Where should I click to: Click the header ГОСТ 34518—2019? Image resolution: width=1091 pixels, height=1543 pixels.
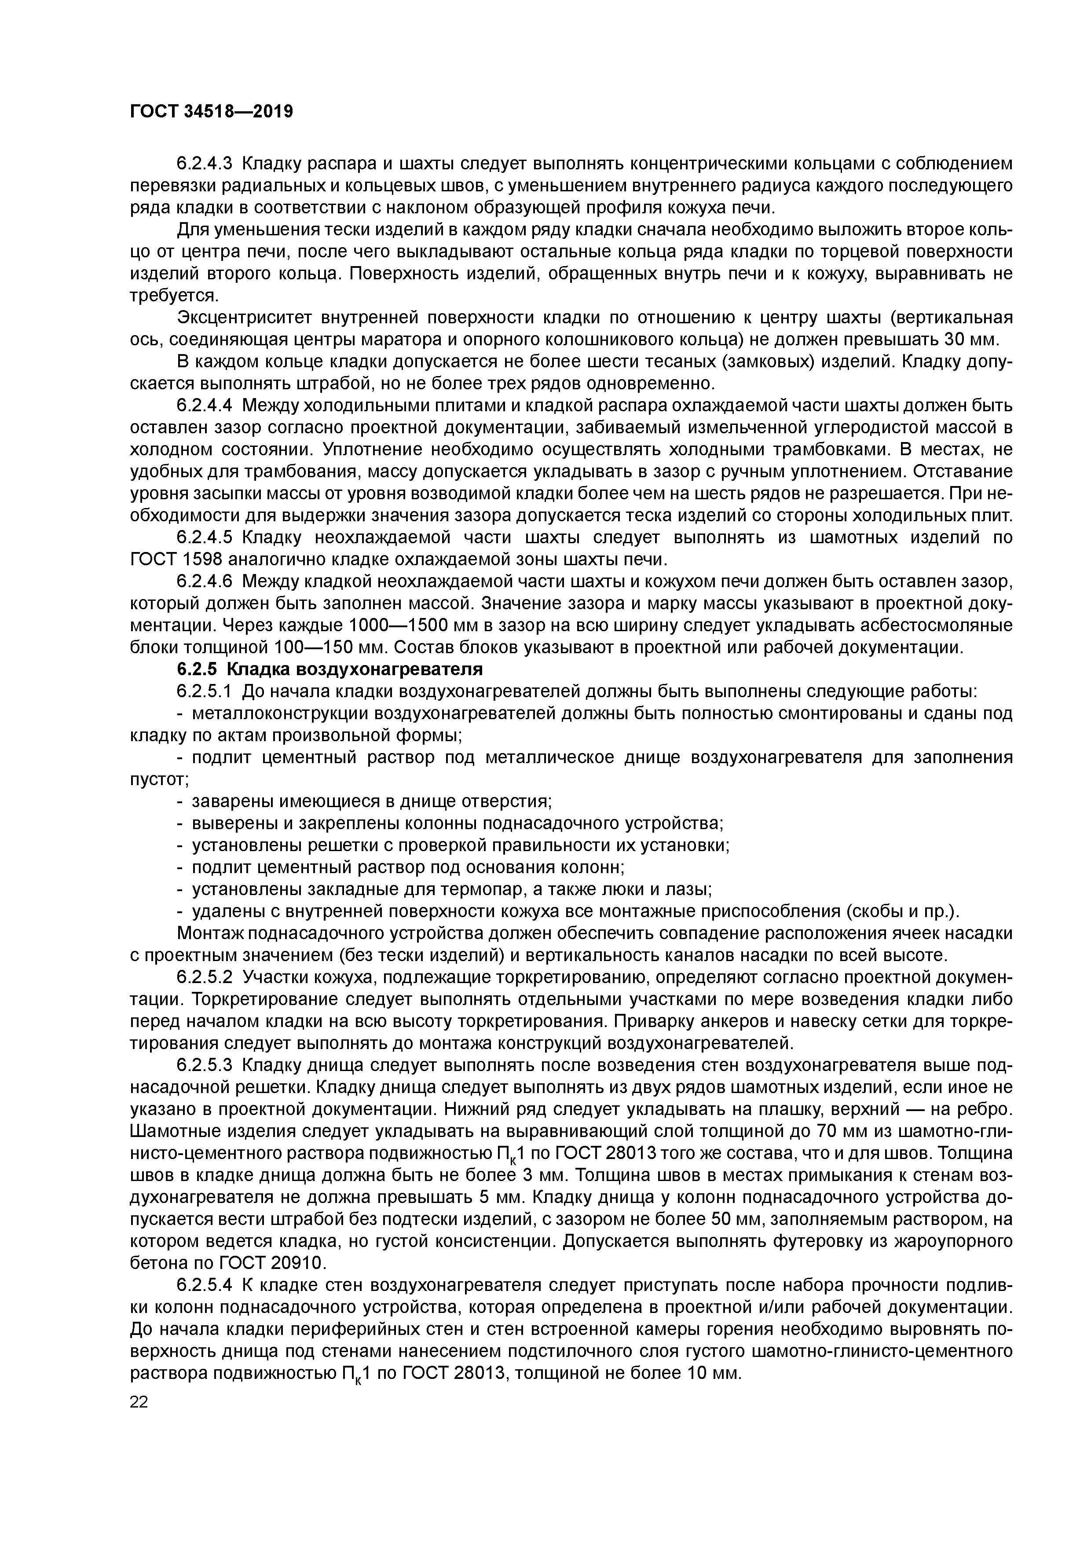tap(212, 112)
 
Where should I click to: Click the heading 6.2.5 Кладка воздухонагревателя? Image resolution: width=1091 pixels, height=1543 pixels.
tap(329, 669)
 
